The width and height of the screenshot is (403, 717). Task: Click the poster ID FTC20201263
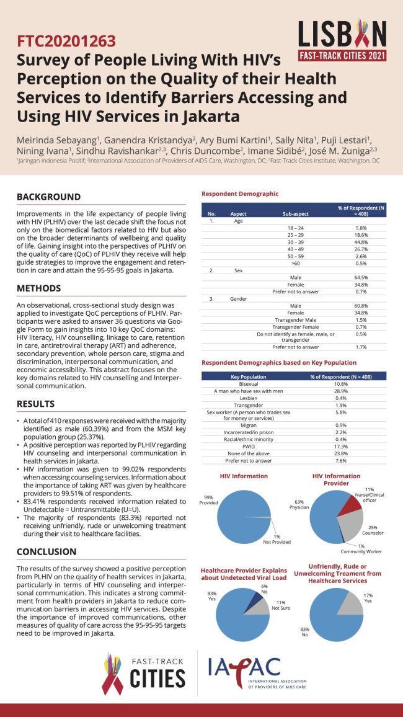pyautogui.click(x=66, y=42)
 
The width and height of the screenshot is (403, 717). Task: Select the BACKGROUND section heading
pyautogui.click(x=48, y=197)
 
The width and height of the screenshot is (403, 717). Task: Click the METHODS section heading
pyautogui.click(x=38, y=288)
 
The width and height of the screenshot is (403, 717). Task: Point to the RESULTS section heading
pyautogui.click(x=36, y=404)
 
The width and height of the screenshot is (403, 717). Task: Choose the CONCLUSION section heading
pyautogui.click(x=46, y=551)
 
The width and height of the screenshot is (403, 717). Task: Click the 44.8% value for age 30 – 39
pyautogui.click(x=361, y=243)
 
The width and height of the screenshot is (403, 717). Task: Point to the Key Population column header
pyautogui.click(x=248, y=376)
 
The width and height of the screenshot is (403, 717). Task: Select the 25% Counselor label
pyautogui.click(x=373, y=529)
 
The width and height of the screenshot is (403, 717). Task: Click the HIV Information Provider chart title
pyautogui.click(x=336, y=479)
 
